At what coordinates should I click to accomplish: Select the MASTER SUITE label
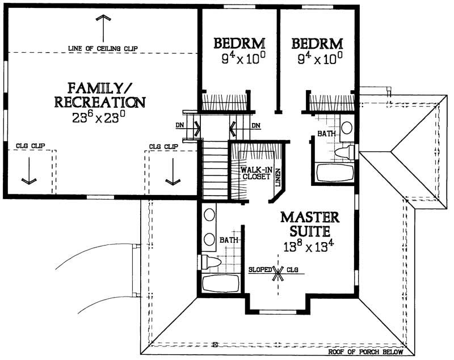pos(309,224)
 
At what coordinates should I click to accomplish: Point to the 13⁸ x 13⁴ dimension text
pos(309,247)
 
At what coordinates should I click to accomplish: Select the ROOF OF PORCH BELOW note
pos(369,352)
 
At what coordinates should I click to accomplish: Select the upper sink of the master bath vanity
pos(209,214)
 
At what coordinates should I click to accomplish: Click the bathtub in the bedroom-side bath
pos(334,172)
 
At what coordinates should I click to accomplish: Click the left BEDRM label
pos(238,44)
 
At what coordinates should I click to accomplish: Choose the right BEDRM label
pos(317,44)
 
